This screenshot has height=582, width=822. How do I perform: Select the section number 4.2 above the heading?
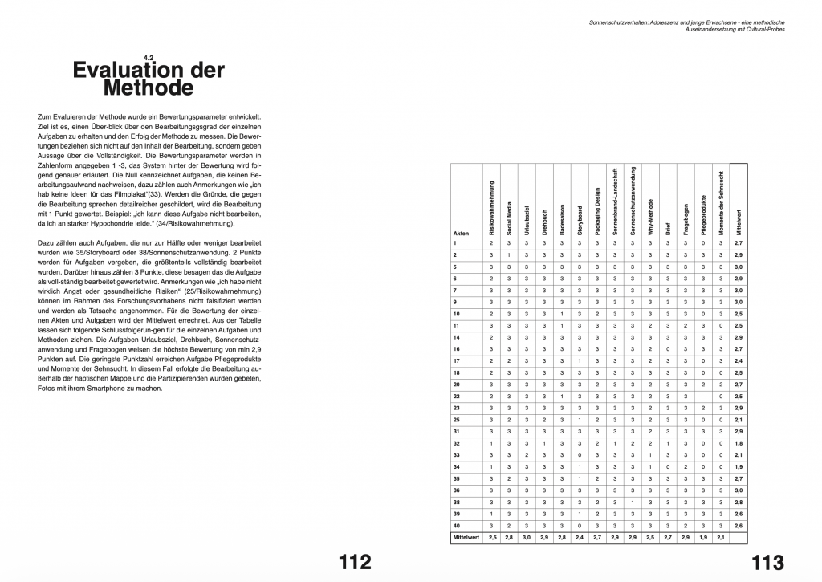[x=148, y=58]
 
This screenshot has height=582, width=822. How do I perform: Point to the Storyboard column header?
[x=580, y=217]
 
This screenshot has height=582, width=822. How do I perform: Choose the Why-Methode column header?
[x=650, y=216]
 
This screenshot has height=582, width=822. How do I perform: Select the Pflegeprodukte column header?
[x=704, y=214]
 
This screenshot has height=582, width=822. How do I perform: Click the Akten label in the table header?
[x=461, y=233]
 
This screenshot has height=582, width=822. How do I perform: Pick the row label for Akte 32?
[x=456, y=442]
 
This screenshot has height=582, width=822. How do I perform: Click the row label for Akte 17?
[x=456, y=361]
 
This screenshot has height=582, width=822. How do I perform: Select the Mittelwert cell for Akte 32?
[x=739, y=442]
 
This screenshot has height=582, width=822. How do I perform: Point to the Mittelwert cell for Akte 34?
[x=739, y=466]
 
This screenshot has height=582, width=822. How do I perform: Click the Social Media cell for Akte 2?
[x=509, y=254]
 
